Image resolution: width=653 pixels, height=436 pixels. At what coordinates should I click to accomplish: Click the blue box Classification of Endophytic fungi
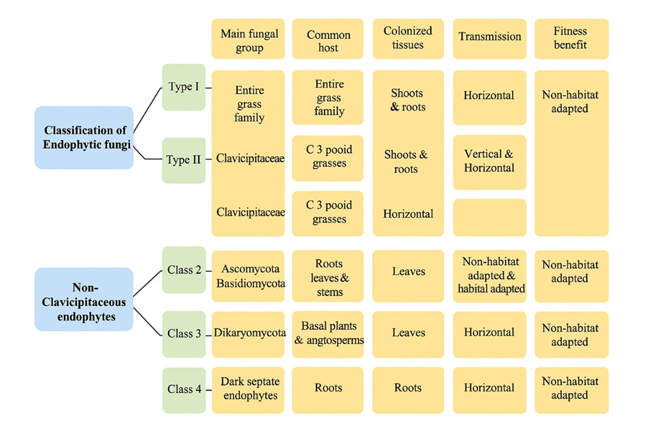(83, 138)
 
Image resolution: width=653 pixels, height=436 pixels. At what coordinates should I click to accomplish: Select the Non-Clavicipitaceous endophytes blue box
(83, 299)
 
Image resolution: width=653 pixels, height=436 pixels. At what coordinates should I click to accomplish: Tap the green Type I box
(183, 88)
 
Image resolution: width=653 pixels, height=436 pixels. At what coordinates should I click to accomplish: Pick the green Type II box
(183, 160)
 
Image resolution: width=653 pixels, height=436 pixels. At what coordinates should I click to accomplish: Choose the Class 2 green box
(183, 270)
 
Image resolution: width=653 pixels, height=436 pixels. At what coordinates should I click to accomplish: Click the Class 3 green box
(183, 334)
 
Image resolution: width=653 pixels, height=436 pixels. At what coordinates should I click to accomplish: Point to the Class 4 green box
(183, 389)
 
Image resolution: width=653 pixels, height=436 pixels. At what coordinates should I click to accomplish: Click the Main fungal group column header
(249, 40)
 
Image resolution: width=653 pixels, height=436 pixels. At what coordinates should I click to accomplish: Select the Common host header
(328, 40)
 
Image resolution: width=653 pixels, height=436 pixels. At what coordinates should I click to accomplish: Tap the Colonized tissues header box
(408, 38)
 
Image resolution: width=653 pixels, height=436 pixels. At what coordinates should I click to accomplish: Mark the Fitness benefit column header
(571, 38)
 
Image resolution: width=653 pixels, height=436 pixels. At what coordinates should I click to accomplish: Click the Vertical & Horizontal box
(489, 161)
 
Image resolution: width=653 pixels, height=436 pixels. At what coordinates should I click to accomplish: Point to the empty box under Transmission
(489, 218)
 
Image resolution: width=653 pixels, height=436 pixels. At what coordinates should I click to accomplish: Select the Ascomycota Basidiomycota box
(249, 276)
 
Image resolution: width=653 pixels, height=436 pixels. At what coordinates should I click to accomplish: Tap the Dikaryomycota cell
(249, 334)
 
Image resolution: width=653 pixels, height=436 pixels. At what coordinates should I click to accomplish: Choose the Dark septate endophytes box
(249, 389)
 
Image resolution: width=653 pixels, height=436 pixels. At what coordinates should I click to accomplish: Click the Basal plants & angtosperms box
(328, 334)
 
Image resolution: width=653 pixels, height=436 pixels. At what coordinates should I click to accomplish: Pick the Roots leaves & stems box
(328, 276)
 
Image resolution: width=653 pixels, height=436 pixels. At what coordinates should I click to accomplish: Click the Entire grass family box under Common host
(328, 97)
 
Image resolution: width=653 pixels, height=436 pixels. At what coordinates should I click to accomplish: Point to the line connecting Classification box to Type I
(147, 110)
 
